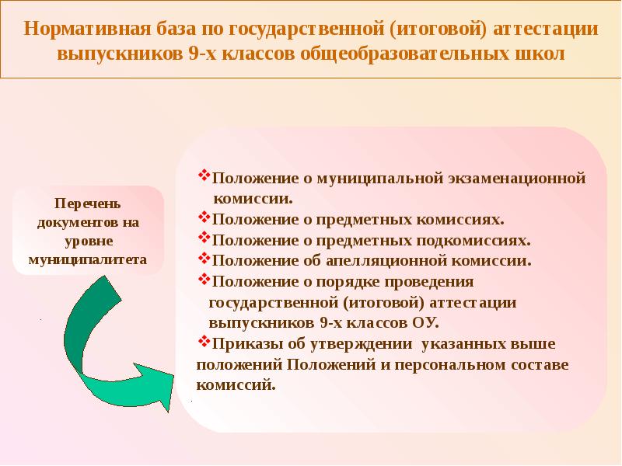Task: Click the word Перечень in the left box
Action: coord(87,204)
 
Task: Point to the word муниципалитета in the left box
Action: coord(87,258)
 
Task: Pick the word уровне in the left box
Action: coord(87,240)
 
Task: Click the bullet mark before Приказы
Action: coord(204,341)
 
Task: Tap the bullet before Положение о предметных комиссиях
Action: coord(204,218)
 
